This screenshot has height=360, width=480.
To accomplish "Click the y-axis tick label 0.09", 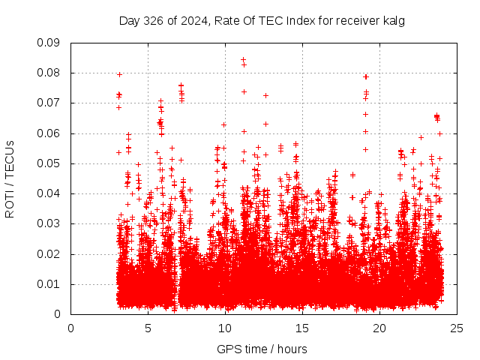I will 49,43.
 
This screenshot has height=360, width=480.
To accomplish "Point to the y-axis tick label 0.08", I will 49,73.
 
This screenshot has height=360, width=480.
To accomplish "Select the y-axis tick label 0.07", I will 49,103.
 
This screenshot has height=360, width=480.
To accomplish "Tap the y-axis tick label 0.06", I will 49,133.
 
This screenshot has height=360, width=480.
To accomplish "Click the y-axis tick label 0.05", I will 49,163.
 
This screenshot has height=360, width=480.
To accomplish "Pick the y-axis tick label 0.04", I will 49,193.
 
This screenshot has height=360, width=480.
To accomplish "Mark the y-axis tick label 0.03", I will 49,223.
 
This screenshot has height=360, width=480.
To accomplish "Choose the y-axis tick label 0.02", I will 49,253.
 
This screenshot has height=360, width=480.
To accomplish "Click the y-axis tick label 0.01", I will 49,284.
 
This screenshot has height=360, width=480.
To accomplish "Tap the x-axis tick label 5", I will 148,328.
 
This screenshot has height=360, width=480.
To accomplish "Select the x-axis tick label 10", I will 225,328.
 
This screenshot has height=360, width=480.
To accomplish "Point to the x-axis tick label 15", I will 302,328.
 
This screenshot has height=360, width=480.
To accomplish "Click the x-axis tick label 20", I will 379,328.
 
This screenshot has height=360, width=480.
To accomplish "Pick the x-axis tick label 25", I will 457,328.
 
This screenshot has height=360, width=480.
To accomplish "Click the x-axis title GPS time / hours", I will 262,349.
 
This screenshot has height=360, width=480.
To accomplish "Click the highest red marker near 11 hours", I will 243,59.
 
